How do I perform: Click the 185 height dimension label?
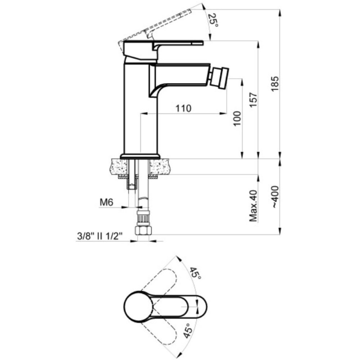click(x=275, y=84)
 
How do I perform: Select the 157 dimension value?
click(x=254, y=100)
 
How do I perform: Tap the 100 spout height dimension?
click(x=237, y=118)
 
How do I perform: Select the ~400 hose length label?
click(x=275, y=197)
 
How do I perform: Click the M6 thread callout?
click(x=107, y=203)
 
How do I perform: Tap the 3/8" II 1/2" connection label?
click(x=100, y=236)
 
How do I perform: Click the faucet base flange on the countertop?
click(x=140, y=156)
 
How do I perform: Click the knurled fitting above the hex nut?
click(x=143, y=218)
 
